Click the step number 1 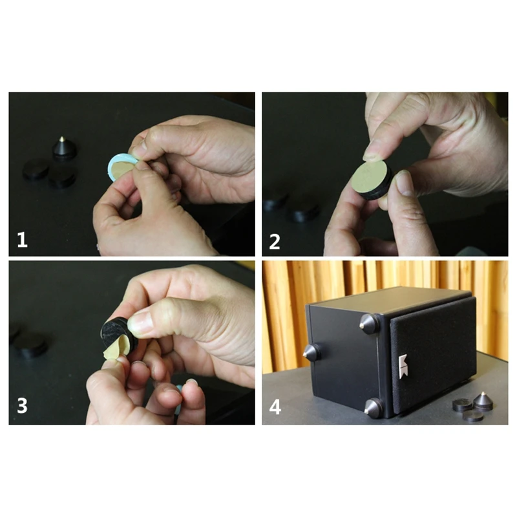tap(22, 240)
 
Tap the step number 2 tap(275, 242)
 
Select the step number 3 tap(22, 406)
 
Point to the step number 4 tap(275, 407)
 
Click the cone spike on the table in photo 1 tap(64, 149)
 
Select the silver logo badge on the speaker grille tap(403, 366)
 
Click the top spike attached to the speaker tap(369, 324)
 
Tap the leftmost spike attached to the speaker tap(311, 352)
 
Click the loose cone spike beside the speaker tap(483, 401)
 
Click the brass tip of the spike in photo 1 tap(61, 138)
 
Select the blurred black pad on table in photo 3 tap(30, 346)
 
